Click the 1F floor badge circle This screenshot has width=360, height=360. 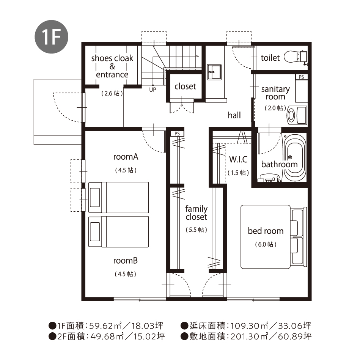pos(52,37)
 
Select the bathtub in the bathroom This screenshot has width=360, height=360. pos(295,158)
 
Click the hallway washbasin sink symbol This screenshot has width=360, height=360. pos(214,72)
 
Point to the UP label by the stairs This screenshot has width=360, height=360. pos(152,90)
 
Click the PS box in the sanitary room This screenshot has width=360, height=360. pos(301,77)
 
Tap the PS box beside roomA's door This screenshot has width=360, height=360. pos(177,134)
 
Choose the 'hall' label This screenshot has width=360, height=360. pos(234,115)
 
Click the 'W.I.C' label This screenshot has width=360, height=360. pos(238,159)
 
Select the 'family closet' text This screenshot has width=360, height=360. pos(196,212)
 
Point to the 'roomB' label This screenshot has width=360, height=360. pos(125,261)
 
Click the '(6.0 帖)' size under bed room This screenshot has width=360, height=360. pos(266,244)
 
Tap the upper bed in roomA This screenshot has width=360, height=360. pos(118,197)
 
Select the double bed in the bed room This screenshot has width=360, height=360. pos(274,237)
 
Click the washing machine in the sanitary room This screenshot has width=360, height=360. pos(297,115)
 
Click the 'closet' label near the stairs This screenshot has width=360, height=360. pos(185,86)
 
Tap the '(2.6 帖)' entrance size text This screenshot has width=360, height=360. pos(112,93)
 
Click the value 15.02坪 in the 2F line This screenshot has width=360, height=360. pos(149,336)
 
